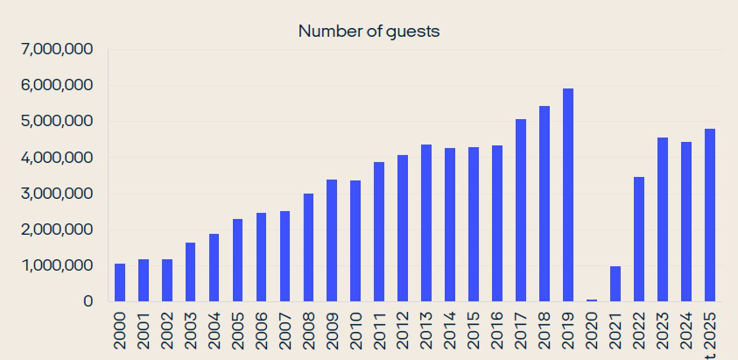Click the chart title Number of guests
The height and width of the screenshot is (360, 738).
369,32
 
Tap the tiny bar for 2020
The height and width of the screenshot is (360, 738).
592,300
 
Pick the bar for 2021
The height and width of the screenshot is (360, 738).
615,284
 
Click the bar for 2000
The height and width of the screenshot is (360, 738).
120,282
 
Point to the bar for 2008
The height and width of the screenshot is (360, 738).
308,247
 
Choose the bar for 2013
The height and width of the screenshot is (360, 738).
426,222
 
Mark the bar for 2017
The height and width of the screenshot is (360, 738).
521,210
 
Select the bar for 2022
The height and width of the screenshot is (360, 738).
639,239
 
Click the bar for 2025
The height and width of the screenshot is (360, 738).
710,215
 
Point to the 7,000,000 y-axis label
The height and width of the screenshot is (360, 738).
55,50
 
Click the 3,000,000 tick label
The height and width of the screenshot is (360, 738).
55,194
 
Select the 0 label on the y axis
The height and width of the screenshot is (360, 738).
88,301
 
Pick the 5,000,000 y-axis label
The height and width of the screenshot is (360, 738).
55,122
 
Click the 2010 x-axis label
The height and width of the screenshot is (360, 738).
355,331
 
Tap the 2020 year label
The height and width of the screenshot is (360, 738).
592,331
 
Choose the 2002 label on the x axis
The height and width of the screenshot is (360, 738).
167,331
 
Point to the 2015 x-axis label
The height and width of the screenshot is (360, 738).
474,331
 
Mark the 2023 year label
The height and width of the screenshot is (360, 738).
663,331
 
